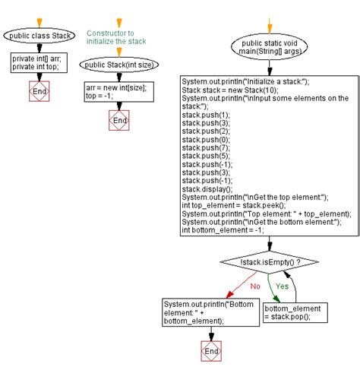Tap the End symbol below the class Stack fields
coord(36,92)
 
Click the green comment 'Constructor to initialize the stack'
coord(116,37)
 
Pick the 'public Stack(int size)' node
coord(119,64)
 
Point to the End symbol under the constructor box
coord(119,120)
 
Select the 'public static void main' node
coord(270,49)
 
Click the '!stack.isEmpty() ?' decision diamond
coord(270,262)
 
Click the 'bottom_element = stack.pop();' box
coord(295,313)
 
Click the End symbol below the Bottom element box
coord(210,352)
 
